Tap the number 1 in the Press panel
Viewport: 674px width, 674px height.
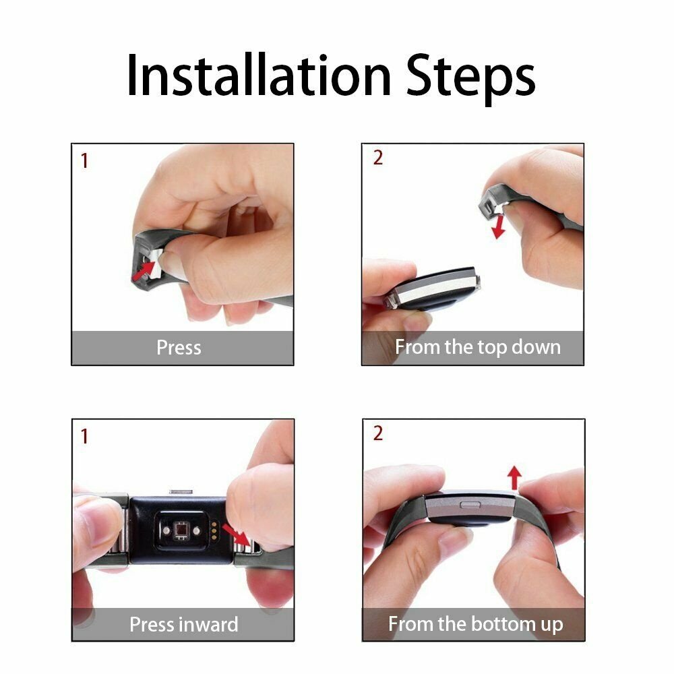84,162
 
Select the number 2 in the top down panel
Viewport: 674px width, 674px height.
377,158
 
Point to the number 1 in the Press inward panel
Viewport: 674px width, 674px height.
84,437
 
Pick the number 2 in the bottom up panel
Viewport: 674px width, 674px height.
377,433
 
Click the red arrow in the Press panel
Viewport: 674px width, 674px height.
143,272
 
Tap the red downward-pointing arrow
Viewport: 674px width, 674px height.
499,225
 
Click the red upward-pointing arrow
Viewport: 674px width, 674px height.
514,478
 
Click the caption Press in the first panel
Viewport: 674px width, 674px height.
179,348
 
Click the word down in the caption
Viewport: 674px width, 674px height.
535,348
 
